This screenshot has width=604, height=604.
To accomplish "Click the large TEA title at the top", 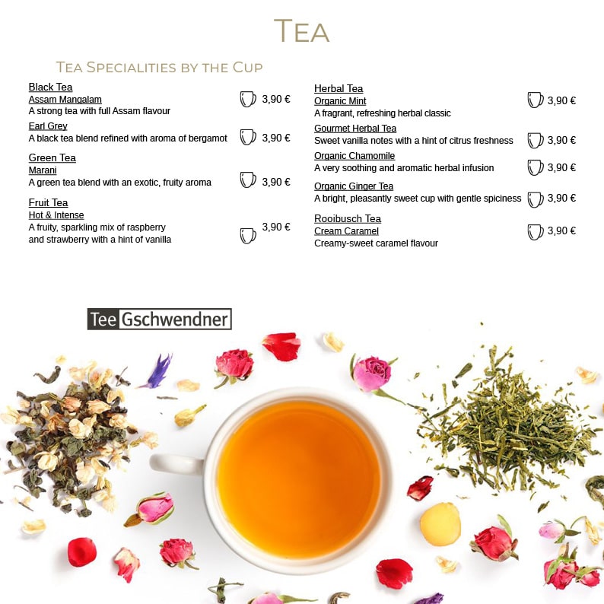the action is [301, 30].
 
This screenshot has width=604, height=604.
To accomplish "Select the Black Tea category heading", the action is [50, 87].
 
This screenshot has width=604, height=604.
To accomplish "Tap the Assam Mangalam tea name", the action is [65, 100].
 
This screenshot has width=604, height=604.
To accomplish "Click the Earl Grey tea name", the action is [48, 126].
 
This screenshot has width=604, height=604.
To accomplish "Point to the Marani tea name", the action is [43, 170].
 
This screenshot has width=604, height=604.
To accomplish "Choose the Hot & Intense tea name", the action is [56, 215].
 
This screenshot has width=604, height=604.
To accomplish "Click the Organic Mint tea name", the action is [340, 101].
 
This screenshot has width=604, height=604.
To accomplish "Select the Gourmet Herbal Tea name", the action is [355, 129].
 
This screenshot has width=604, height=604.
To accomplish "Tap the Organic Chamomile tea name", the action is [354, 156].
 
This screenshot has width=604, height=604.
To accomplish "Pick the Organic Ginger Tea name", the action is [354, 186].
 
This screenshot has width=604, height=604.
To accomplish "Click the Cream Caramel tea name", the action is [346, 230].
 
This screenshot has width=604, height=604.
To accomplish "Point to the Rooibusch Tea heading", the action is [348, 219].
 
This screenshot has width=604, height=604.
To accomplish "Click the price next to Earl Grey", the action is [276, 138].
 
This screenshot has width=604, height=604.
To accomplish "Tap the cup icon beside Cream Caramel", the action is [535, 232].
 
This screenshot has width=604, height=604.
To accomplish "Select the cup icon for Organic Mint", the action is [535, 100].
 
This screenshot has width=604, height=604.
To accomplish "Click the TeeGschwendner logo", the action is [160, 319].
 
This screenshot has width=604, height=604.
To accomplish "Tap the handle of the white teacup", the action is [176, 463].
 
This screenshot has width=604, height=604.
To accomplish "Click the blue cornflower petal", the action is [159, 371].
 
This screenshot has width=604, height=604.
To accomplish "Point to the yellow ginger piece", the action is [440, 524].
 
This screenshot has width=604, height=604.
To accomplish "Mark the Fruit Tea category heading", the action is [48, 202].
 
